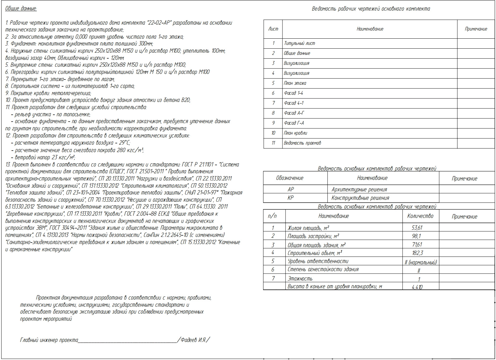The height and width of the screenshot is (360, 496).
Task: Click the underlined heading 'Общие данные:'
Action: click(21, 8)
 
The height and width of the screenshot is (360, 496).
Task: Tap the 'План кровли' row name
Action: click(295, 133)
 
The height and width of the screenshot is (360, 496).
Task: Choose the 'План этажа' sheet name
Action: click(295, 83)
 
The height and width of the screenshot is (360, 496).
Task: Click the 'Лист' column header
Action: click(273, 29)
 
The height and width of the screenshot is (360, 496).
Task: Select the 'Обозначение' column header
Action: click(290, 178)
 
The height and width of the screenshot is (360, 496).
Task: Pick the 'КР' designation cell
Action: click(291, 198)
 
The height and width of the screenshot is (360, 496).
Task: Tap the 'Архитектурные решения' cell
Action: click(359, 190)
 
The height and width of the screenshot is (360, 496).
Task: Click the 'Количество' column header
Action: click(420, 216)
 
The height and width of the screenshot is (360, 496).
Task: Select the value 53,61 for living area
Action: click(417, 228)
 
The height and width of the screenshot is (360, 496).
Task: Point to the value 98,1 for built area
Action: click(416, 236)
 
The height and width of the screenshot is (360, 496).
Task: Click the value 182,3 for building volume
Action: click(417, 253)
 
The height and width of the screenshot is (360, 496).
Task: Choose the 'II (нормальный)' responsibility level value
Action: click(421, 262)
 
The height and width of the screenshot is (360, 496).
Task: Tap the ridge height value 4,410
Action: click(417, 287)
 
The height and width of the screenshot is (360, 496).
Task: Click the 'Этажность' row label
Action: click(300, 279)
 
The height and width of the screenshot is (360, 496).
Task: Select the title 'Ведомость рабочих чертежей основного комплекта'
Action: click(371, 9)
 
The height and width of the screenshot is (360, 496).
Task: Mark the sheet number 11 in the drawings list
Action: click(273, 143)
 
